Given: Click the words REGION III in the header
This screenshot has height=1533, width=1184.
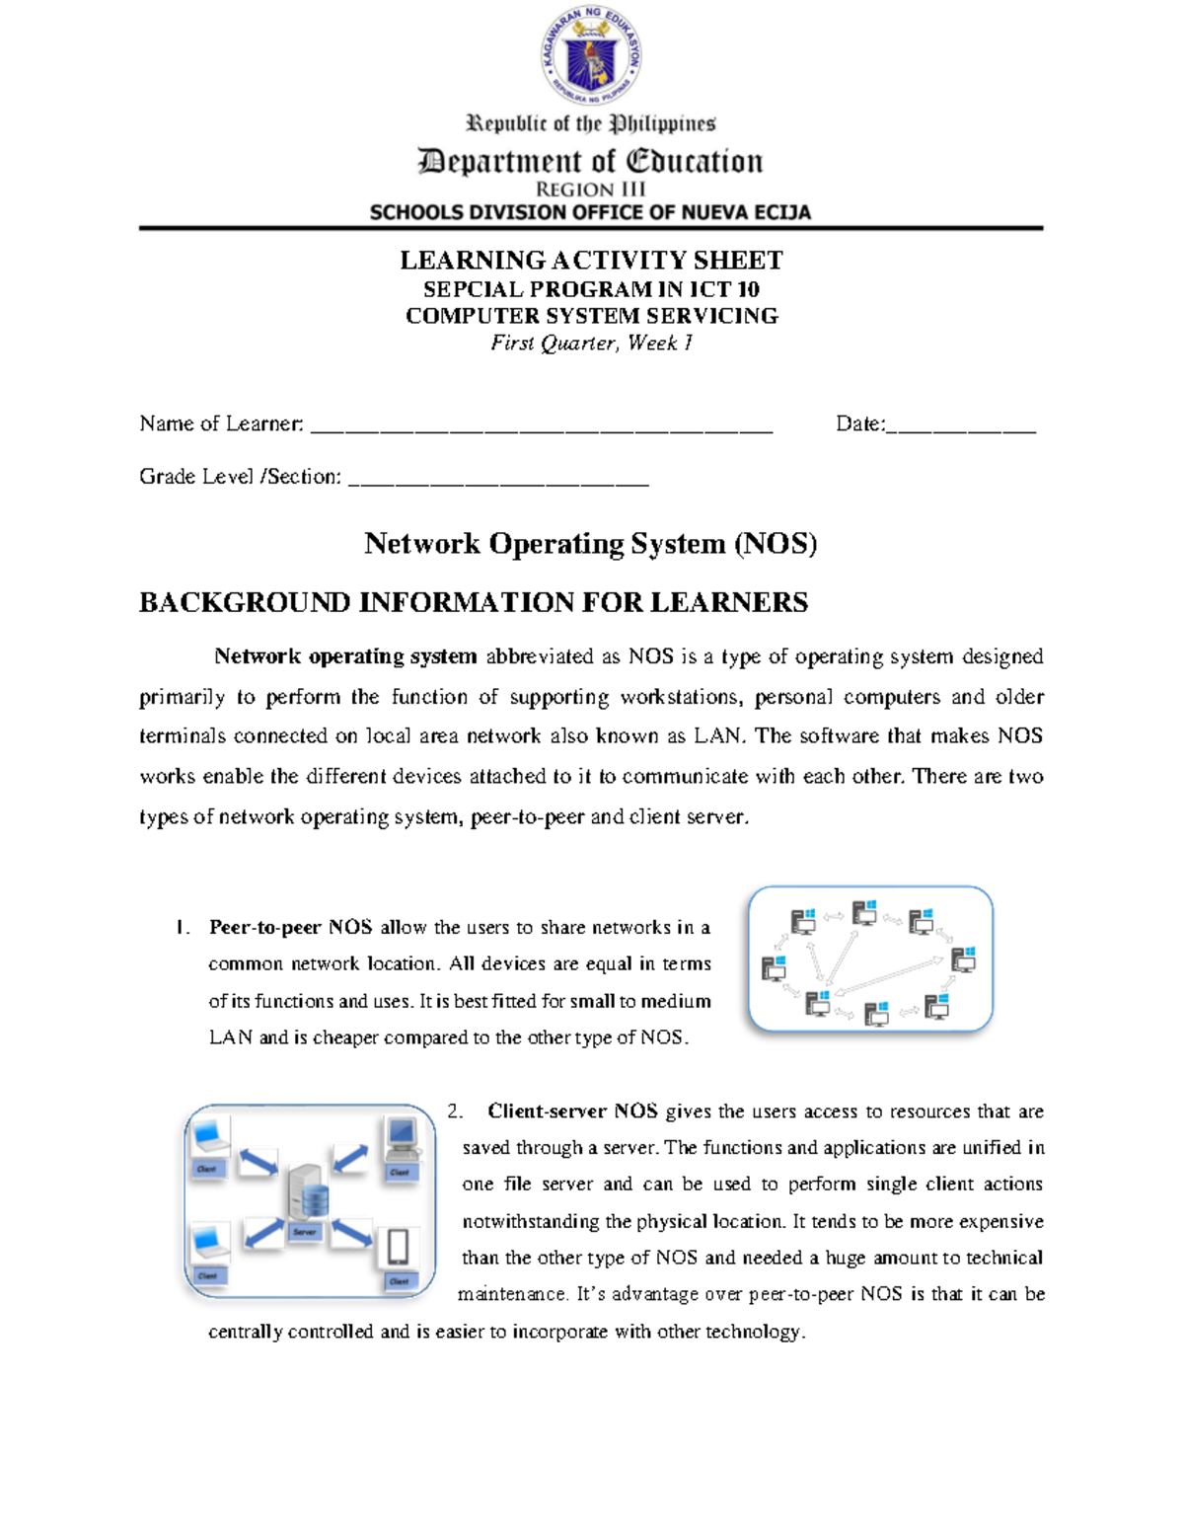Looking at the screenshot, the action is [x=590, y=189].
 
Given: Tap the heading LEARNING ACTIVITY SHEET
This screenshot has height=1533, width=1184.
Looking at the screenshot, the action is [x=591, y=261].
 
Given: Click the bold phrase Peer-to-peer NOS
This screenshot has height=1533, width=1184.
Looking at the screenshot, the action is [x=290, y=928].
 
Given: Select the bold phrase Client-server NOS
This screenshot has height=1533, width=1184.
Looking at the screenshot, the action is [x=572, y=1111].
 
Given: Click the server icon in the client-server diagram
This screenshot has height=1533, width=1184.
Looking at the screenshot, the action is [x=307, y=1191].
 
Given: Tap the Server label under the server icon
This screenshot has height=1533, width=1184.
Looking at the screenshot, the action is [x=304, y=1233].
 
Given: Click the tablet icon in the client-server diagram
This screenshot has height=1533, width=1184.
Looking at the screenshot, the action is [x=398, y=1248].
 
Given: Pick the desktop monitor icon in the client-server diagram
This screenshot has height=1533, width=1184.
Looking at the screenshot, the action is [x=402, y=1137].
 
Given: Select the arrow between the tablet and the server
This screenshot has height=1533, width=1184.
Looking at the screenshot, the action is [x=351, y=1233].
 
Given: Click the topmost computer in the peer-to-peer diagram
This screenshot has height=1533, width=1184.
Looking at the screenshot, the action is [x=865, y=912].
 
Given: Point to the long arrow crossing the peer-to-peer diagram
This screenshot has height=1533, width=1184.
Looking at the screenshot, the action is [x=888, y=975].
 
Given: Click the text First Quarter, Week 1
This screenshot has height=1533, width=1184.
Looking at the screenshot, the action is [x=591, y=344].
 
